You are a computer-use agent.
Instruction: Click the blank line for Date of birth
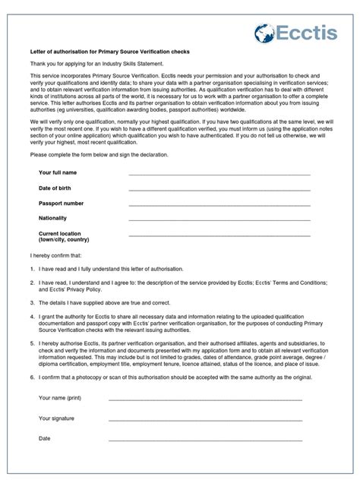[219, 191]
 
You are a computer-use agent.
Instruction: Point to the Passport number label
[62, 204]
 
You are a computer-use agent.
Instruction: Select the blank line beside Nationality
[219, 220]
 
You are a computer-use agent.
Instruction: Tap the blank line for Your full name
[219, 175]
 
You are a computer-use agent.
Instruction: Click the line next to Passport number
[219, 206]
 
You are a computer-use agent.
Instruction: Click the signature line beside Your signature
[205, 419]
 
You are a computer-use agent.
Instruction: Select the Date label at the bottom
[45, 438]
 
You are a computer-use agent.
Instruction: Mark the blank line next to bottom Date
[205, 440]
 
